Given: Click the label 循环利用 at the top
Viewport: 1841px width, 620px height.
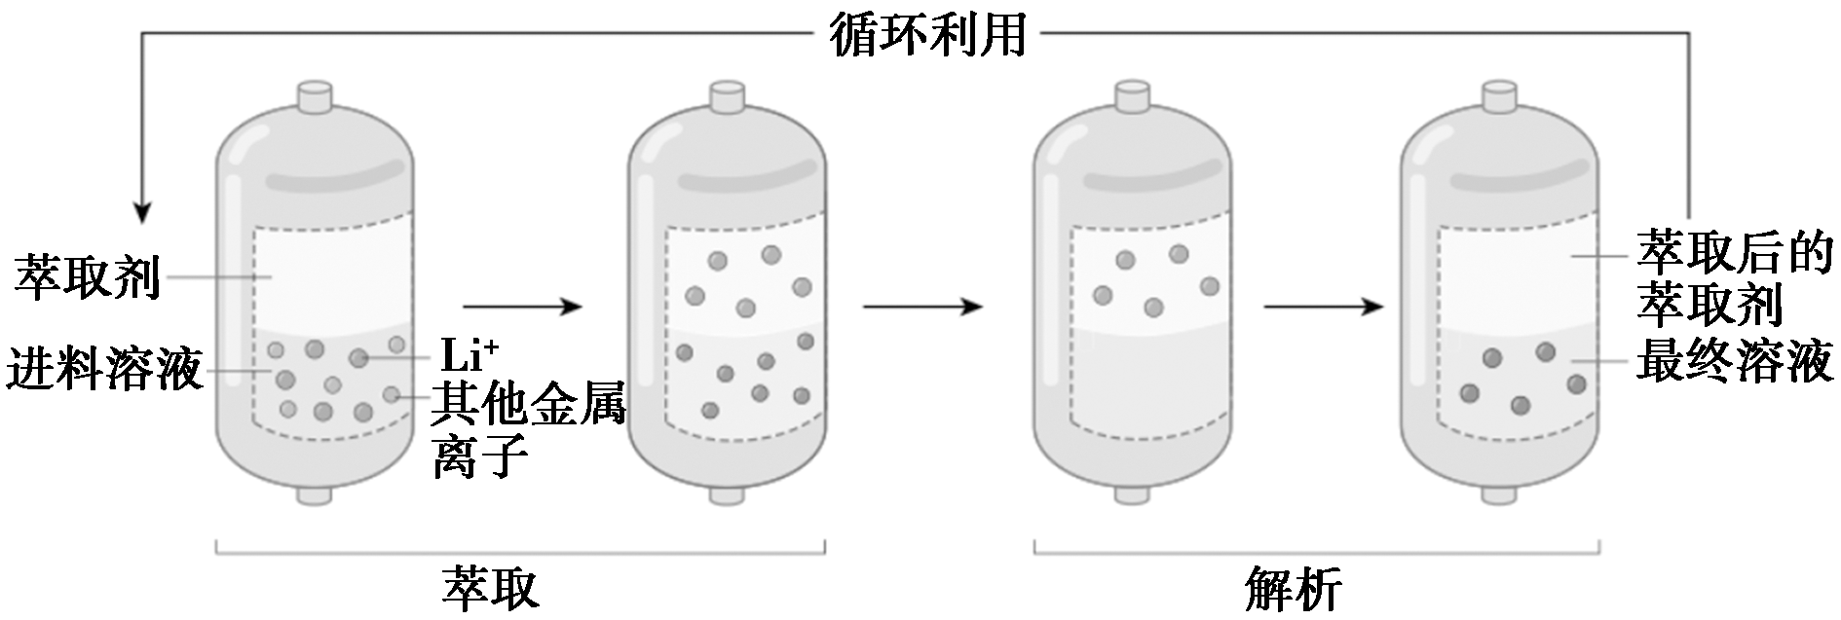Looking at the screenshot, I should coord(928,35).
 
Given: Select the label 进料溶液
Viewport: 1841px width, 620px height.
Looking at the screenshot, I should coord(104,370).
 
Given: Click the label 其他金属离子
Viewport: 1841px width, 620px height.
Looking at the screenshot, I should coord(527,428).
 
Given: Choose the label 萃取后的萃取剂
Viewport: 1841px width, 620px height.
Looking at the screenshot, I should coord(1734,278).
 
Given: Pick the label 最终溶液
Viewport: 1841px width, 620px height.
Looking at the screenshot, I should coord(1735,364).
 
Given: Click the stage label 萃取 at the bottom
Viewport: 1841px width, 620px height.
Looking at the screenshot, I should coord(489,588).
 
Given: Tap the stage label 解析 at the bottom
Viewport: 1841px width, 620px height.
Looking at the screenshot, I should coord(1293,588).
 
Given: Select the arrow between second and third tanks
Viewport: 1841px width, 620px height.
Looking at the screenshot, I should coord(921,307).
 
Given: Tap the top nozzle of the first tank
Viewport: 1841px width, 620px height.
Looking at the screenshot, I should coord(314,97).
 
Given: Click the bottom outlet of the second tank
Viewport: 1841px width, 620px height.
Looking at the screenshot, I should coord(726,495).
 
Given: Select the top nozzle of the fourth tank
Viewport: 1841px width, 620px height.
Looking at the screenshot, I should coord(1500,97).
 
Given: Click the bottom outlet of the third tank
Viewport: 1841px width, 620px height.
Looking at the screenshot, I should coord(1130,495).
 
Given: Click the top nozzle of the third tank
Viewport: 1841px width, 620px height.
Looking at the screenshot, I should coord(1130,97).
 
